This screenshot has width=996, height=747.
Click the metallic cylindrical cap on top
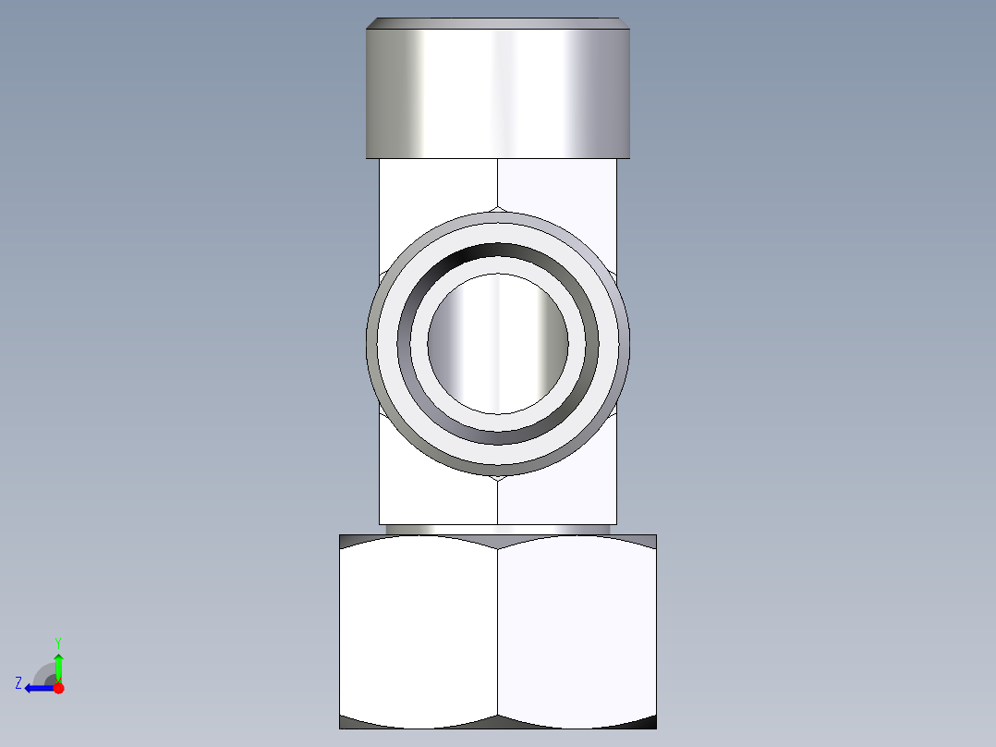pyautogui.click(x=499, y=92)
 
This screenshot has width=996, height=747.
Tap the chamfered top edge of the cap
pyautogui.click(x=499, y=23)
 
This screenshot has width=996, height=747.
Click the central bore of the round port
pyautogui.click(x=499, y=343)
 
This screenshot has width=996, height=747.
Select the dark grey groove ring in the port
pyautogui.click(x=499, y=251)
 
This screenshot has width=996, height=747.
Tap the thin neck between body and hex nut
pyautogui.click(x=499, y=530)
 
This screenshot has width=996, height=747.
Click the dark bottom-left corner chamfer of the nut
pyautogui.click(x=351, y=721)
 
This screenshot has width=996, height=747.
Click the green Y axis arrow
pyautogui.click(x=58, y=665)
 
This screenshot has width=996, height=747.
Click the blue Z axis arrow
pyautogui.click(x=37, y=688)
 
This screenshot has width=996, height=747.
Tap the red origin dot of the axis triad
pyautogui.click(x=58, y=688)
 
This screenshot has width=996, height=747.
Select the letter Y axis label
pyautogui.click(x=57, y=642)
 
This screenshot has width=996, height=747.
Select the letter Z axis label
pyautogui.click(x=18, y=683)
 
